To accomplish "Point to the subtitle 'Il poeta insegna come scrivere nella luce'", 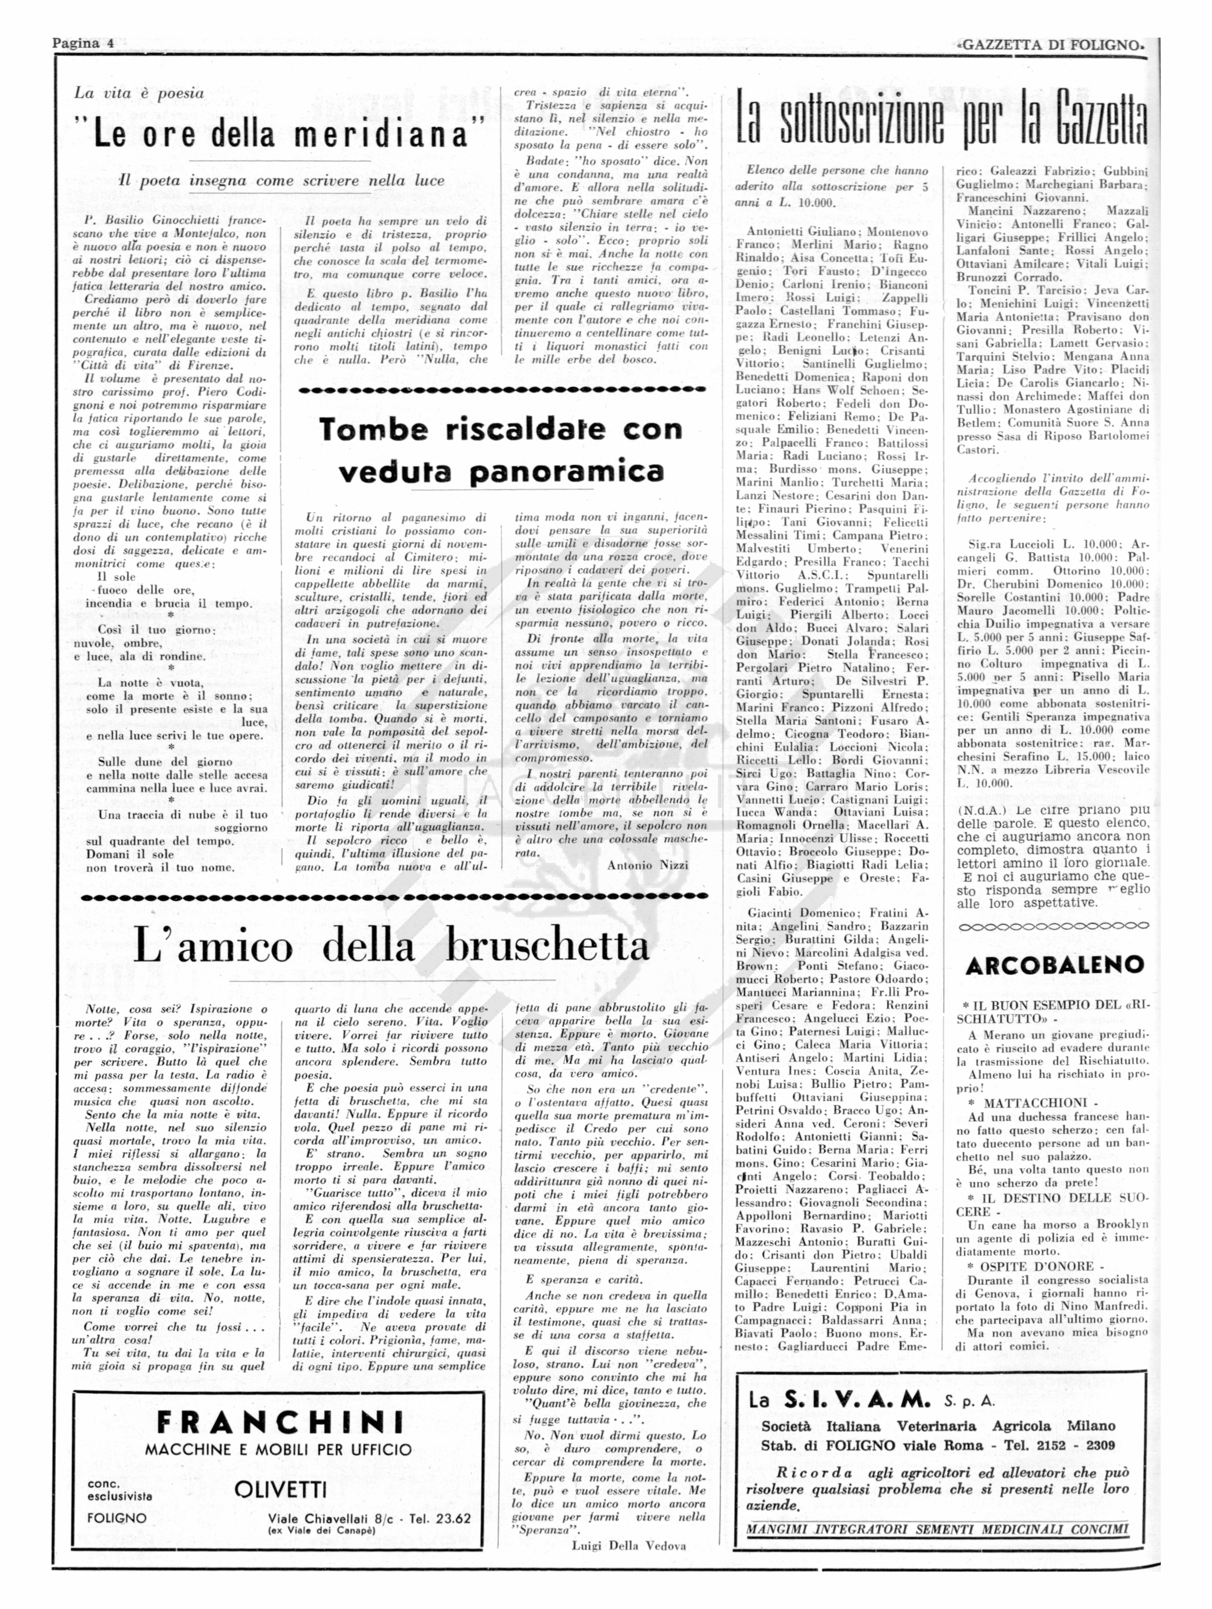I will click(282, 180).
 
